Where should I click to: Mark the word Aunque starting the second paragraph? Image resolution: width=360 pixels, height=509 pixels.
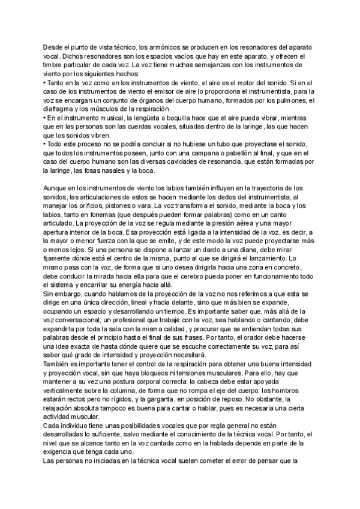(x=56, y=189)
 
